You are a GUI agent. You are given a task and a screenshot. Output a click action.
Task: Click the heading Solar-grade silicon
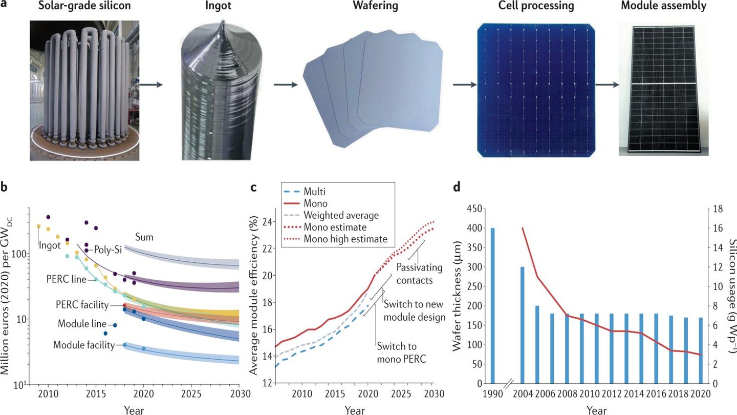[x=83, y=7]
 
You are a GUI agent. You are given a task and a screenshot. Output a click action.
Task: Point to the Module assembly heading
[x=664, y=7]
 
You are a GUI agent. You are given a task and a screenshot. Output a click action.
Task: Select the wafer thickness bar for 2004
[x=523, y=325]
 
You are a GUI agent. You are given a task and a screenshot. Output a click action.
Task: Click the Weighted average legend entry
[x=340, y=215]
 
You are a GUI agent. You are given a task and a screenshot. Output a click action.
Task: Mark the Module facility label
[x=84, y=345]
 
